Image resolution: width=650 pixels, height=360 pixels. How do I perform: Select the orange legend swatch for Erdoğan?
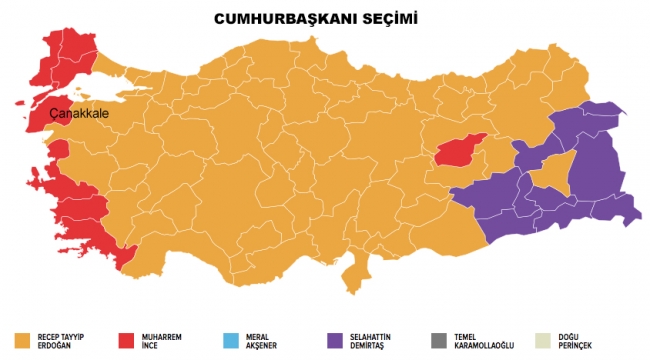tap(25, 339)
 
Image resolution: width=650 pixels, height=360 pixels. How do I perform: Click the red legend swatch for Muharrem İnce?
tap(128, 339)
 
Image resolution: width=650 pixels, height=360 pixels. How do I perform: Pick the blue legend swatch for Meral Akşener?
tap(230, 339)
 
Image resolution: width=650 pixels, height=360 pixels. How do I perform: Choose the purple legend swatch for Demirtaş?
tap(333, 339)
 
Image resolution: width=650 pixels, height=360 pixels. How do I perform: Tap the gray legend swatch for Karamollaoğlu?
tap(436, 339)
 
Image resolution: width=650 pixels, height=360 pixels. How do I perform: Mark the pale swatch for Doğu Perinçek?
tap(539, 339)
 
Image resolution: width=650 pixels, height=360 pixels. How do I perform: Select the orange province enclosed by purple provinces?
tap(547, 175)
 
